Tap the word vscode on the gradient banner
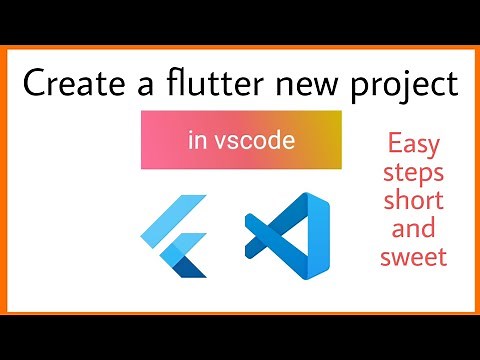(x=255, y=141)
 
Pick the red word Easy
(x=414, y=144)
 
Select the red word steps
(x=414, y=174)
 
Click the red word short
(x=414, y=201)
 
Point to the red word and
(x=414, y=229)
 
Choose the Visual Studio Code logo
(x=288, y=237)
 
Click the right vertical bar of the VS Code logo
(x=319, y=237)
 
